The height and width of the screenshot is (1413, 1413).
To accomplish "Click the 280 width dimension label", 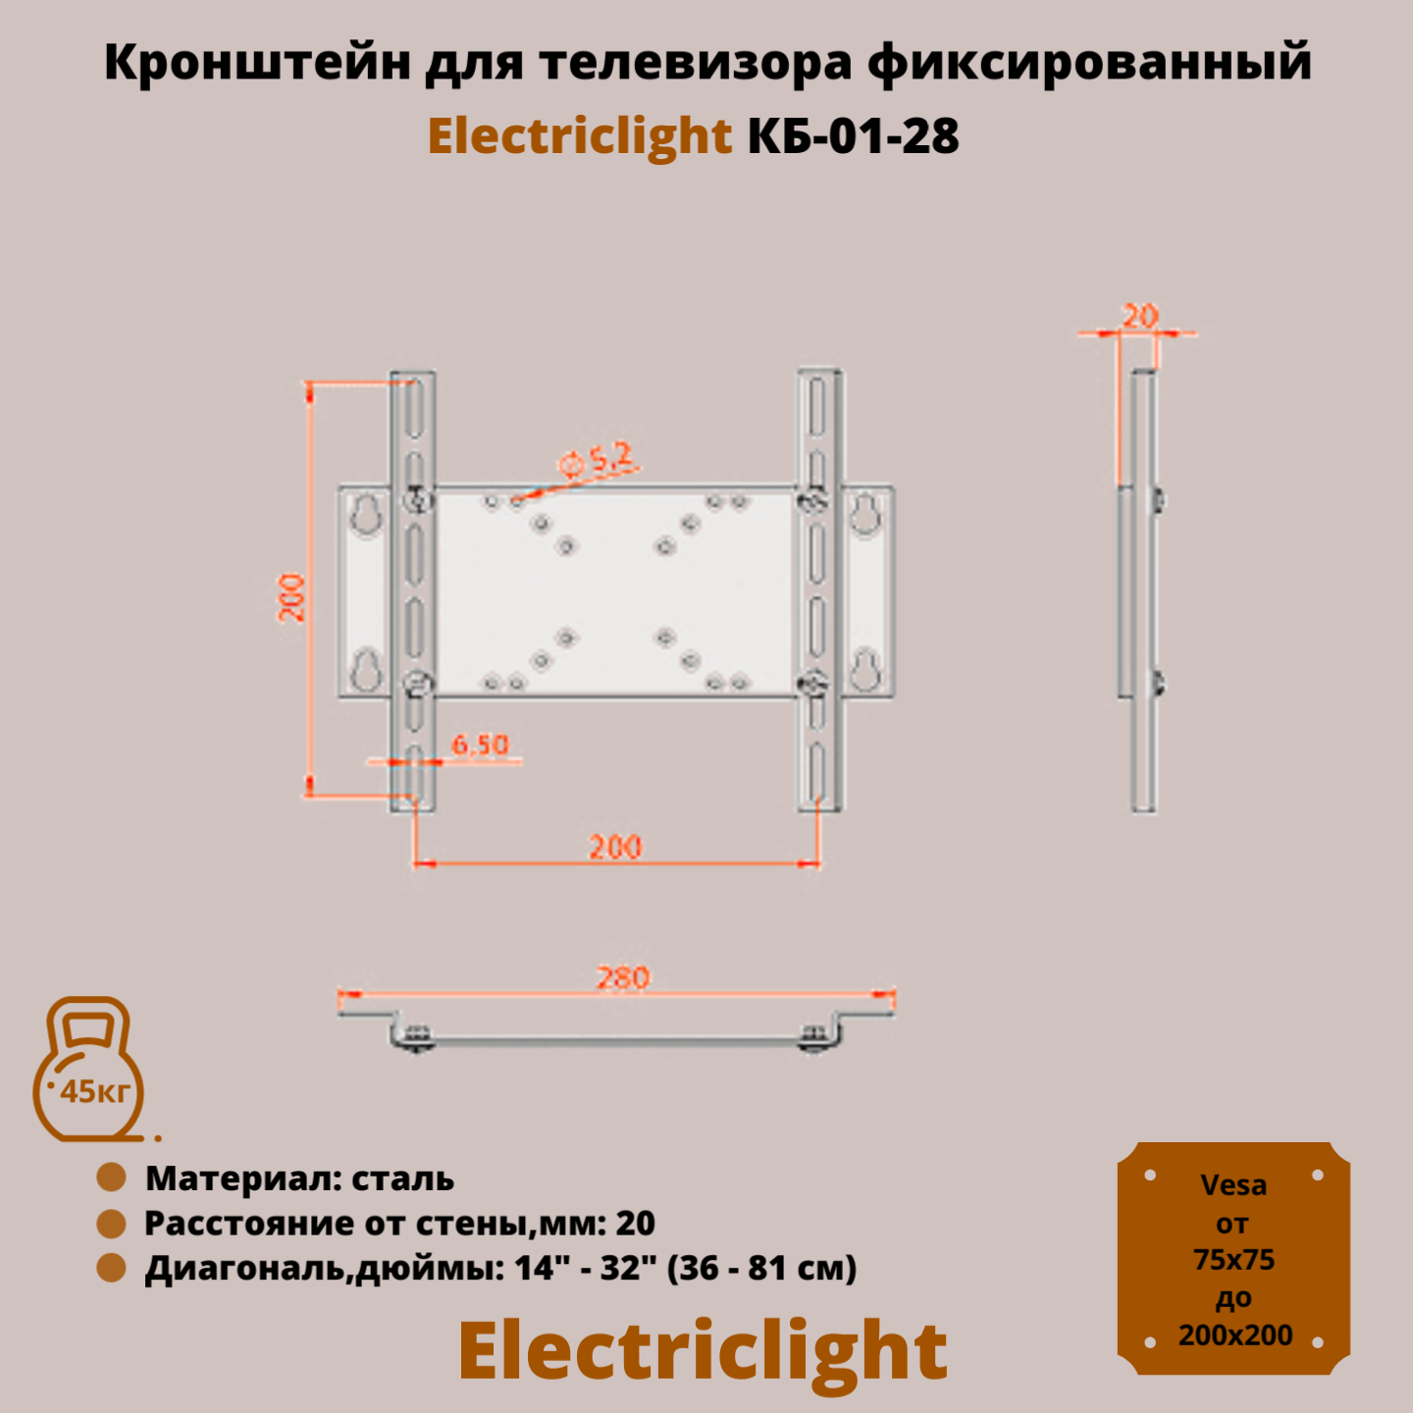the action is point(623,977).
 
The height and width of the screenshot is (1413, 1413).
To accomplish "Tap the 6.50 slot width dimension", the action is point(480,745).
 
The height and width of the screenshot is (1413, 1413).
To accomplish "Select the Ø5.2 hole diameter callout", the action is point(596,459).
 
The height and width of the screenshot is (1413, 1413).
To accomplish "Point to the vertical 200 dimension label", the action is point(291,598).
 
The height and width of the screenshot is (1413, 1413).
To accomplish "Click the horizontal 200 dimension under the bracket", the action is point(615,847).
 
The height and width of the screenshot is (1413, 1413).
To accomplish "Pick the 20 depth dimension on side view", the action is point(1139,316).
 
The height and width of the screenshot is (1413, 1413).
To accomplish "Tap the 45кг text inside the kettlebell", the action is point(94,1091).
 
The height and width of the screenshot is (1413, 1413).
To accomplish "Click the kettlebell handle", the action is point(89,1020).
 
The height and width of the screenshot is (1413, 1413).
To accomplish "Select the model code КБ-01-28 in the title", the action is point(853,135).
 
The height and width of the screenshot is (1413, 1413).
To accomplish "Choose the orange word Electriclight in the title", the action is point(579,135).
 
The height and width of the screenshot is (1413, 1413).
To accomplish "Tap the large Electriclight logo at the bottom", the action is point(703,1351).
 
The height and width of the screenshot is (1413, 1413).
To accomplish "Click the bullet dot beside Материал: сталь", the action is point(112,1177).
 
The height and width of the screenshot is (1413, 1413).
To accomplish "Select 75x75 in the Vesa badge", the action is point(1233,1260).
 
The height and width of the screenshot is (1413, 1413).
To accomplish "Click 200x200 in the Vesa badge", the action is point(1234,1335).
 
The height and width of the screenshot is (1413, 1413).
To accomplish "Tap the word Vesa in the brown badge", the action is point(1233,1185).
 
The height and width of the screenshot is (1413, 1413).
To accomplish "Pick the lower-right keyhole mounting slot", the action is point(865,669).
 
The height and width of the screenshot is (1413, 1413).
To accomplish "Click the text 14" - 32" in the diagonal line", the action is point(585,1268).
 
